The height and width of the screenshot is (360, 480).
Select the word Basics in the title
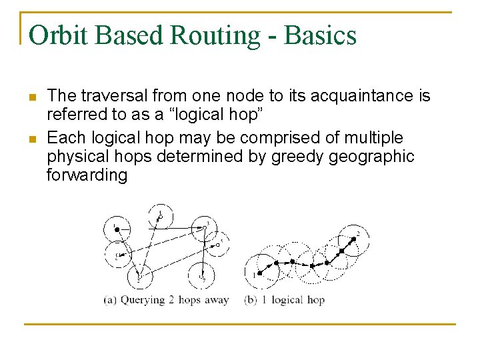(x=321, y=35)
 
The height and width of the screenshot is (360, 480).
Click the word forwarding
(x=87, y=175)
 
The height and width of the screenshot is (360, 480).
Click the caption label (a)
(x=110, y=300)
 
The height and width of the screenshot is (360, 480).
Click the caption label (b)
(x=252, y=300)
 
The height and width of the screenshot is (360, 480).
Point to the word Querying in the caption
(x=143, y=300)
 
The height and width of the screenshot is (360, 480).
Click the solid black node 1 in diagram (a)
(x=117, y=229)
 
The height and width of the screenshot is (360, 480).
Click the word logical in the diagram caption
(x=289, y=300)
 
